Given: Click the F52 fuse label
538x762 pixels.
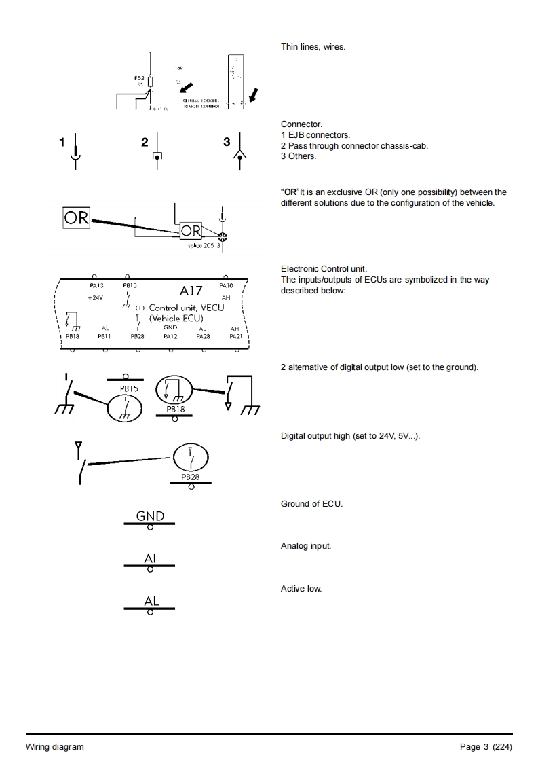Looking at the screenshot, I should [x=138, y=79].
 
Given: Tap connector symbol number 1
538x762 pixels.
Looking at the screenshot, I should [x=77, y=152].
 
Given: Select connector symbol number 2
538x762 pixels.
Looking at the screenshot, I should [x=157, y=152].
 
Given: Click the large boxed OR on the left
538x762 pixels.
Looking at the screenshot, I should [x=76, y=217].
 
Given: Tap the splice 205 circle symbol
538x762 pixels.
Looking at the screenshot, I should [x=222, y=236].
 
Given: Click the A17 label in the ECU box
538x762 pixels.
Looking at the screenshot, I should [x=191, y=291].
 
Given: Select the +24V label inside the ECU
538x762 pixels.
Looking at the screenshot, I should [x=95, y=298].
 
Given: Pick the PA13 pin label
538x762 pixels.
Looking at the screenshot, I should [x=96, y=286].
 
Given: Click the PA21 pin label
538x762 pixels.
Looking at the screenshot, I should [x=235, y=335].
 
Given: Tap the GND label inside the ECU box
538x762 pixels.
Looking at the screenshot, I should [x=170, y=327].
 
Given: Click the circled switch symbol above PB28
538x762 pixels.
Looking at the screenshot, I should [x=190, y=458].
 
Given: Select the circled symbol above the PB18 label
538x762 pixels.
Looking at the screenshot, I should [x=174, y=391].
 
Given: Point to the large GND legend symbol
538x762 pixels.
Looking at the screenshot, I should [x=150, y=517].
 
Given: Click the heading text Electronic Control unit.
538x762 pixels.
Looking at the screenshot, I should [x=324, y=269].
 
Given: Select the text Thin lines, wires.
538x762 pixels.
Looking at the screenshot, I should [x=313, y=47].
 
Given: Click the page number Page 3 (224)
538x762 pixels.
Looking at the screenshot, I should [x=486, y=747].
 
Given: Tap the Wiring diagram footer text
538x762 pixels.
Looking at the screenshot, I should [x=55, y=747].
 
